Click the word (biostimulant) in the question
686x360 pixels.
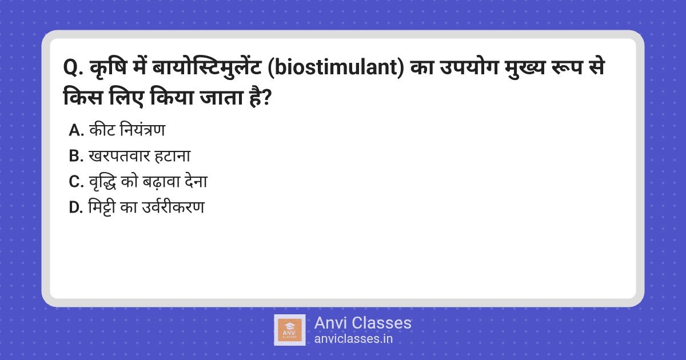pos(336,67)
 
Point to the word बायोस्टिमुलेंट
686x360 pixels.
pos(207,67)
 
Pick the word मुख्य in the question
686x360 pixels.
pos(525,67)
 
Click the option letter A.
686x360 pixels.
pos(76,130)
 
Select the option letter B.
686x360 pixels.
pos(76,156)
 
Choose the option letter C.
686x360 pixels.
pos(76,182)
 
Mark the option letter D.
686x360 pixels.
pos(76,207)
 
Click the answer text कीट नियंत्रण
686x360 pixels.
pos(127,130)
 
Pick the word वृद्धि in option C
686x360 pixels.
pos(102,182)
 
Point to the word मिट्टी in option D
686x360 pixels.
pos(101,207)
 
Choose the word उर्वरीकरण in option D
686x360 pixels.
pos(173,207)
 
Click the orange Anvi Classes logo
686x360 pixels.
pos(289,330)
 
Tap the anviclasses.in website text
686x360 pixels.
pos(353,339)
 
